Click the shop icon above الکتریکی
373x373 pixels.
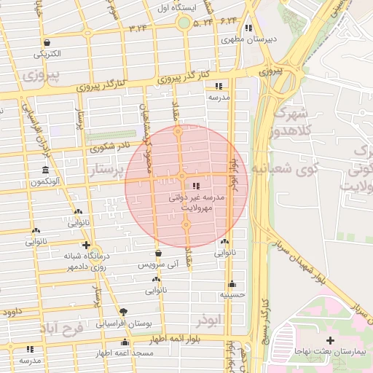coord(48,42)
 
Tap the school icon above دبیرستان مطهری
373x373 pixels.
coord(248,28)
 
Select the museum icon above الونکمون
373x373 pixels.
coord(46,170)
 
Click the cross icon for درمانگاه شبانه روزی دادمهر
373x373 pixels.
coord(87,245)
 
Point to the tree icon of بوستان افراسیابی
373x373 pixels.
coord(122,311)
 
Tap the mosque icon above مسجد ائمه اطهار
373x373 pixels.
coord(125,342)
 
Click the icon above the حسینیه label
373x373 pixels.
coord(232,284)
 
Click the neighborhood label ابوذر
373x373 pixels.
coord(207,320)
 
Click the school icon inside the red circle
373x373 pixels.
coord(195,186)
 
